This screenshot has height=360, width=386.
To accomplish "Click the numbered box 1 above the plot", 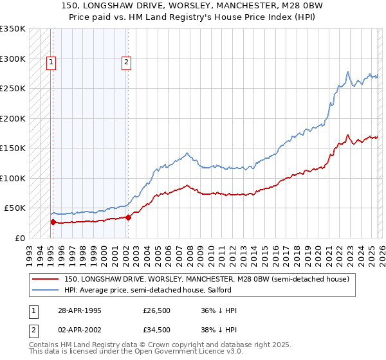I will click(x=51, y=62).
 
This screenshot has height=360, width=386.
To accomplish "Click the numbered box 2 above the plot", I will click(x=126, y=62).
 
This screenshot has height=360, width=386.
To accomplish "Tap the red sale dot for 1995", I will click(x=53, y=222).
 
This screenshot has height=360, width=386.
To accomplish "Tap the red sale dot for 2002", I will click(x=128, y=217).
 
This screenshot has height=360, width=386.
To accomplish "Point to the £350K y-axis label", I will click(x=13, y=29).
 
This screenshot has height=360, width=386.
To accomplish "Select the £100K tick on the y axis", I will click(x=13, y=178).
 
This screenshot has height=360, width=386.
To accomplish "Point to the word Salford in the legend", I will click(x=212, y=290).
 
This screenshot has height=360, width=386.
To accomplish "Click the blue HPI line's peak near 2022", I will click(x=347, y=72).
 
